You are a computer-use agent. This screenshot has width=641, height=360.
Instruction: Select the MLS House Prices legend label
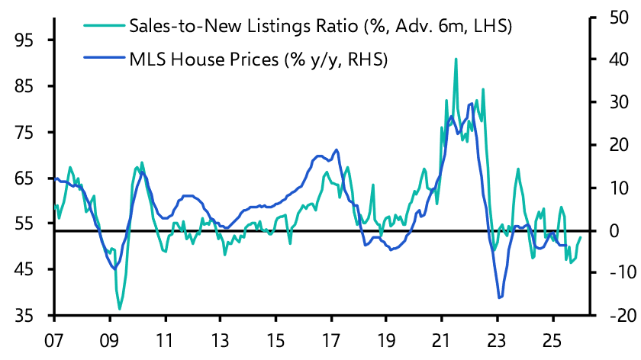coord(259,59)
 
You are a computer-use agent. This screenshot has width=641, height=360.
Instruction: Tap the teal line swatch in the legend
coord(101,27)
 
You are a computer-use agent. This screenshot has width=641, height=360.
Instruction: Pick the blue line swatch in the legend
coord(101,59)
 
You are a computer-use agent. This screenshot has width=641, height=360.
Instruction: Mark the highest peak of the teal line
coord(456,59)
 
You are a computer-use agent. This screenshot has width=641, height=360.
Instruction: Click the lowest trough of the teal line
coord(119,309)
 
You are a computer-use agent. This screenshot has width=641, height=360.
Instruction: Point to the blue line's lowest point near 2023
coord(500,298)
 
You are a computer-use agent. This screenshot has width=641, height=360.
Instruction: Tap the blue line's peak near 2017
coord(337,149)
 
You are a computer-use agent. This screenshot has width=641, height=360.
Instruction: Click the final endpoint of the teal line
coord(580,237)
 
